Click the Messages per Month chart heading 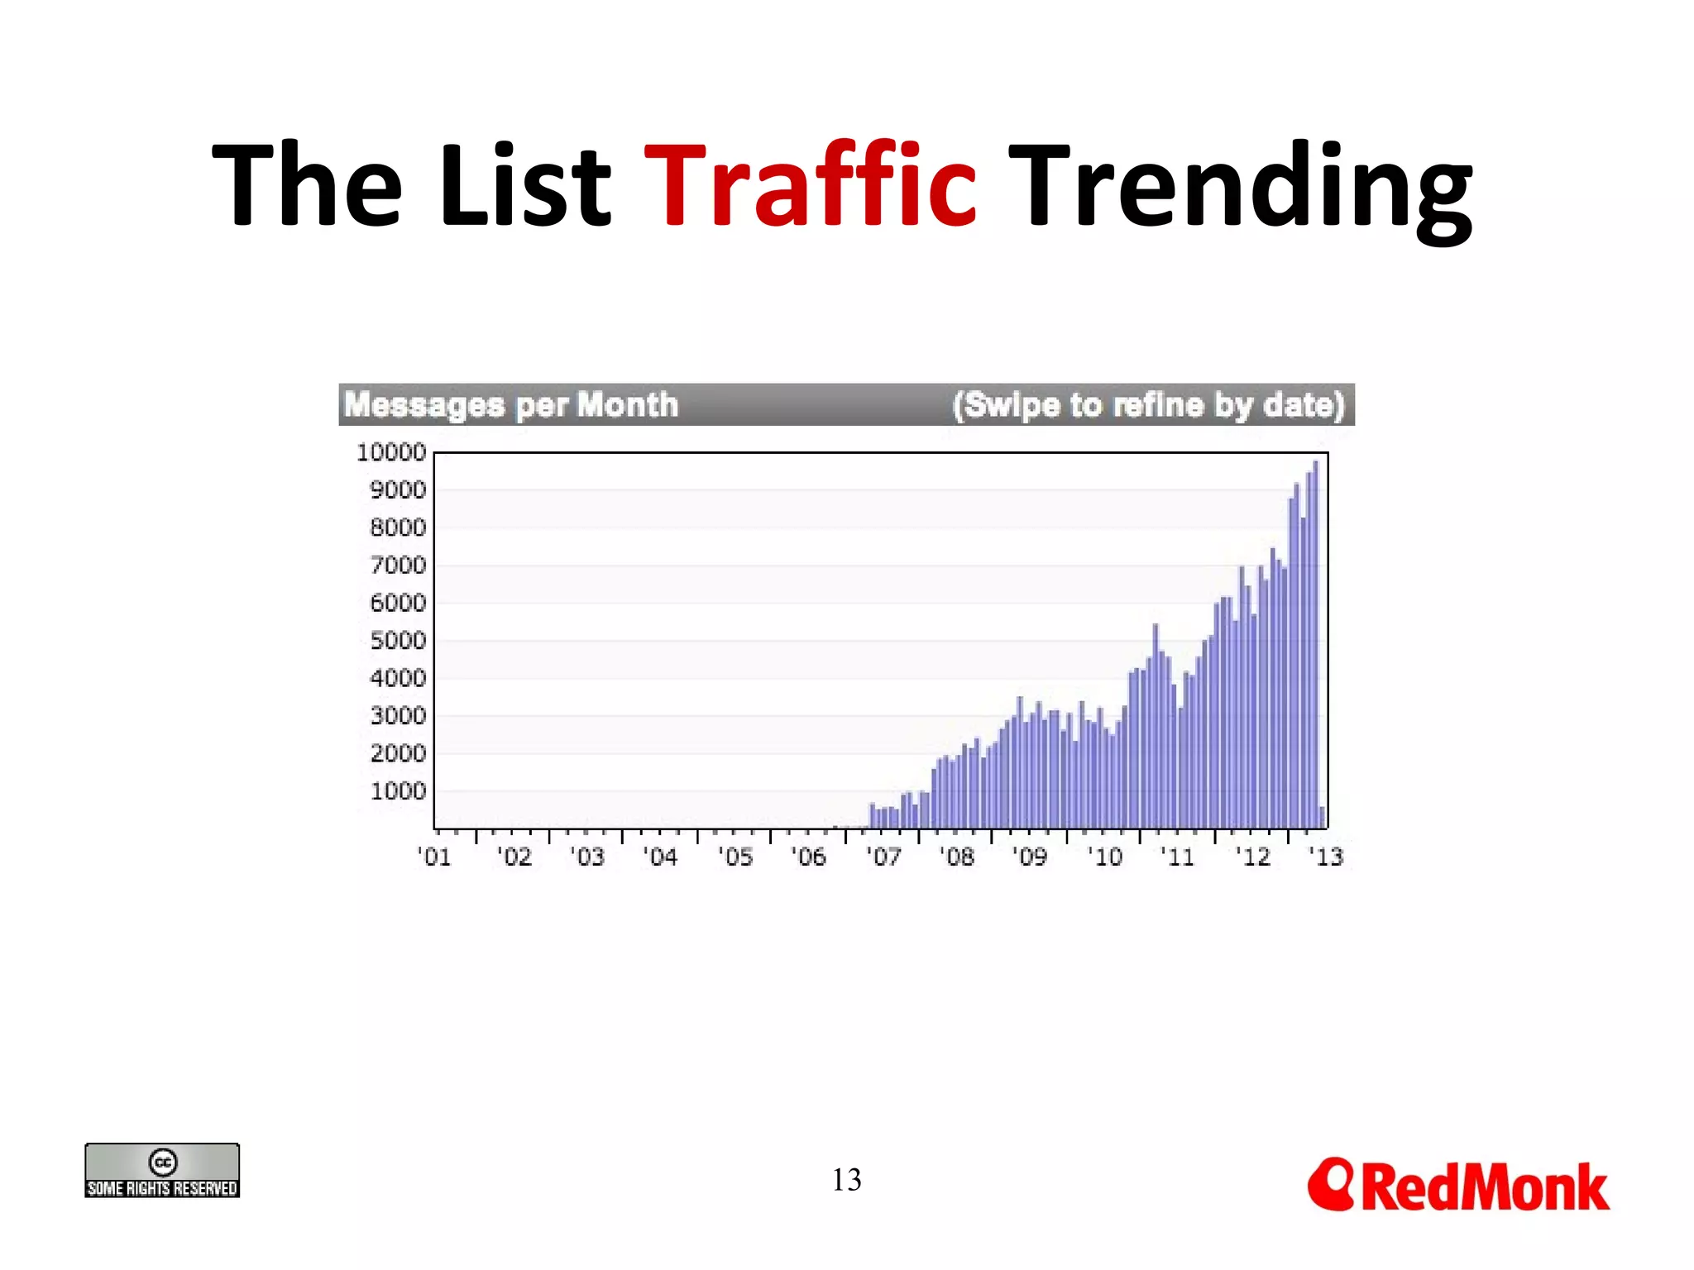point(511,405)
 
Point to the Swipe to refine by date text point(1148,405)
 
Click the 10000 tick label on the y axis point(390,452)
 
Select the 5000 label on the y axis point(397,641)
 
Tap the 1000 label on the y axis point(397,791)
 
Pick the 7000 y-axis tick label point(397,566)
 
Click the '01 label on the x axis point(434,857)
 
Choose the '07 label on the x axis point(883,857)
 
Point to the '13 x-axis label point(1326,857)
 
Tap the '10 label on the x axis point(1105,857)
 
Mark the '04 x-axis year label point(660,857)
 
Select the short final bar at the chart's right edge point(1322,817)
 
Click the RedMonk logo point(1458,1186)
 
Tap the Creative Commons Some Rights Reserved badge point(162,1170)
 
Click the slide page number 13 point(846,1180)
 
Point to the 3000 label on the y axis point(397,716)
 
